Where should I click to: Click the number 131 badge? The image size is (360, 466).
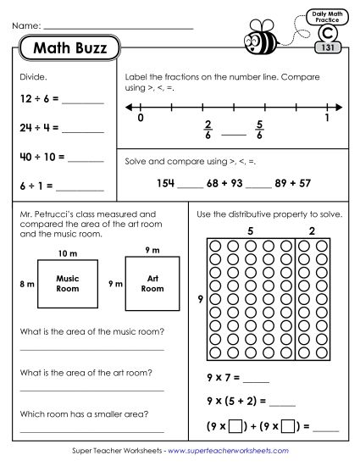coord(327,48)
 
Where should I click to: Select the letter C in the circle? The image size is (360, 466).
coord(327,33)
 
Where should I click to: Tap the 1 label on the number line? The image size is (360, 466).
coord(327,119)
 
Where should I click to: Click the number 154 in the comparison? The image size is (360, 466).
coord(168,182)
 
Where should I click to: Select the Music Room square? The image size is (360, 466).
coord(68,284)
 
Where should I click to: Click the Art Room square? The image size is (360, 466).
coord(152,284)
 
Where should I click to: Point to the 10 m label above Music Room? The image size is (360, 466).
coord(67,253)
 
